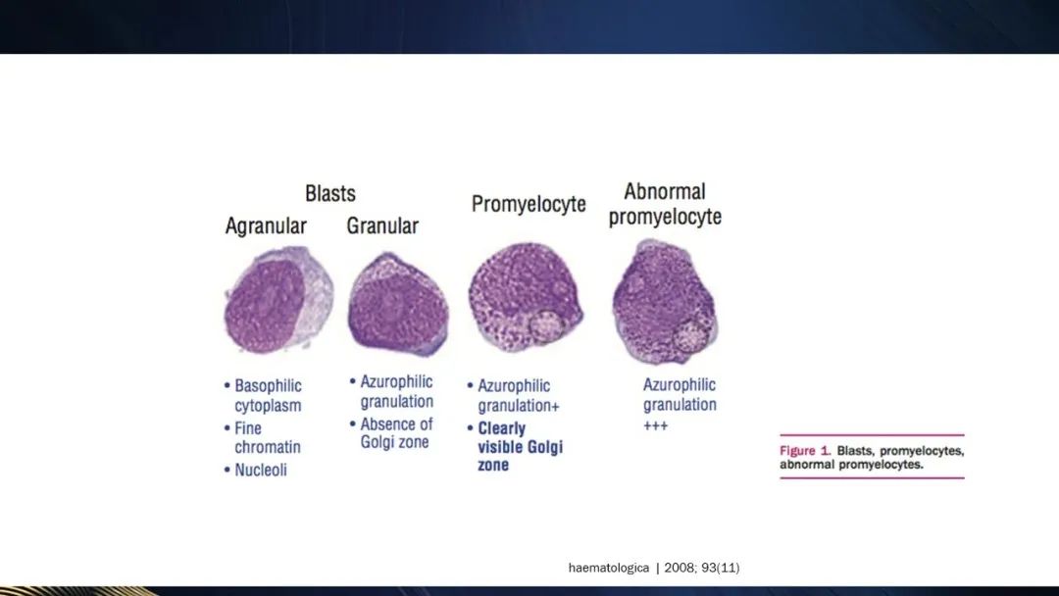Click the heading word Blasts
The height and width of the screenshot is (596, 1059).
(x=330, y=194)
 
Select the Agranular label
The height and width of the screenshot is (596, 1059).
(x=266, y=226)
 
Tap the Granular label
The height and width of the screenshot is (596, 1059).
(x=382, y=225)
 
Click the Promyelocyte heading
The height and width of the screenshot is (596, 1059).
(x=529, y=205)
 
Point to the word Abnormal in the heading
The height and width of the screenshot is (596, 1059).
(x=665, y=192)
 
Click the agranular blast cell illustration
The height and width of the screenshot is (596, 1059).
(x=278, y=299)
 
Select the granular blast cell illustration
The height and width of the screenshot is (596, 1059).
(x=398, y=304)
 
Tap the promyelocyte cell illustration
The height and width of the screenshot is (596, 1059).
(x=526, y=296)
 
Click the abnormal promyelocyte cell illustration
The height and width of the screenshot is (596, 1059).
(x=665, y=302)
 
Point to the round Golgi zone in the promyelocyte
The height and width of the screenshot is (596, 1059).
(x=546, y=325)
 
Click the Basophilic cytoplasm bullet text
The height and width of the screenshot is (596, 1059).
(x=268, y=395)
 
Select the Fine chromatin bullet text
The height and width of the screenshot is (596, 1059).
(x=267, y=437)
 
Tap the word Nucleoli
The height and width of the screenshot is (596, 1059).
(x=261, y=470)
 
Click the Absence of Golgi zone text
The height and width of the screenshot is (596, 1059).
(x=396, y=433)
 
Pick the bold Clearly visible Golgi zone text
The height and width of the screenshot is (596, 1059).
(x=520, y=446)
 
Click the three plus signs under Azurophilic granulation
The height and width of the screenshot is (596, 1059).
(x=655, y=425)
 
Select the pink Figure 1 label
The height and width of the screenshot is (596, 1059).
(x=805, y=451)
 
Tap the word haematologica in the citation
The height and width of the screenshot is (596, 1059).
(x=609, y=568)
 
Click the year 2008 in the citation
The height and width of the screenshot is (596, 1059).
(x=679, y=568)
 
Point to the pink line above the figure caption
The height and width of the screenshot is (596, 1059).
(x=872, y=435)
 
